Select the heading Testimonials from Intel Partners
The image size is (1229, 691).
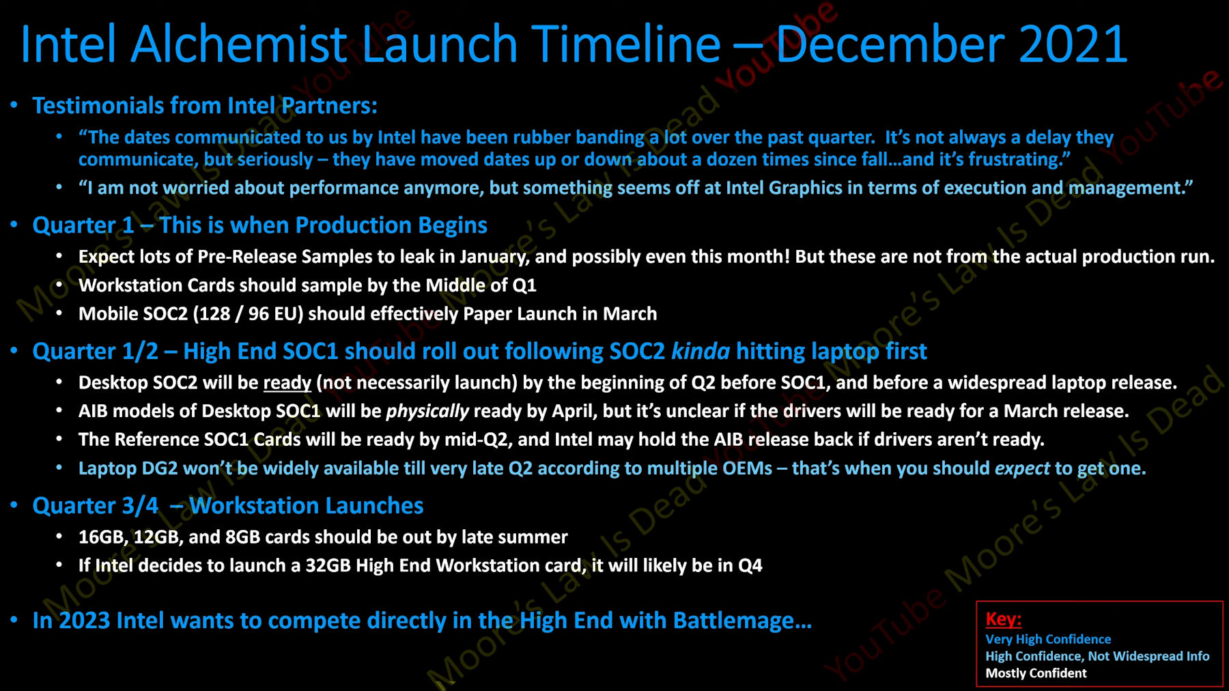point(204,106)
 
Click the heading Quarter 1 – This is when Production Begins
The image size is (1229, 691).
point(259,225)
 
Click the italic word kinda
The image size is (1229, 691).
point(701,352)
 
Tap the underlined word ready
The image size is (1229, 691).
point(287,383)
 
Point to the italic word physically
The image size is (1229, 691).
point(427,412)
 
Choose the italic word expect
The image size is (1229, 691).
point(1022,468)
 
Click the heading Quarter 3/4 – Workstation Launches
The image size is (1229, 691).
point(228,506)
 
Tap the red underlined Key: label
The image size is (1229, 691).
point(1003,619)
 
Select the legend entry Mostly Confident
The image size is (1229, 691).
point(1036,673)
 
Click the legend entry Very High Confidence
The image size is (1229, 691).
point(1048,640)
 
